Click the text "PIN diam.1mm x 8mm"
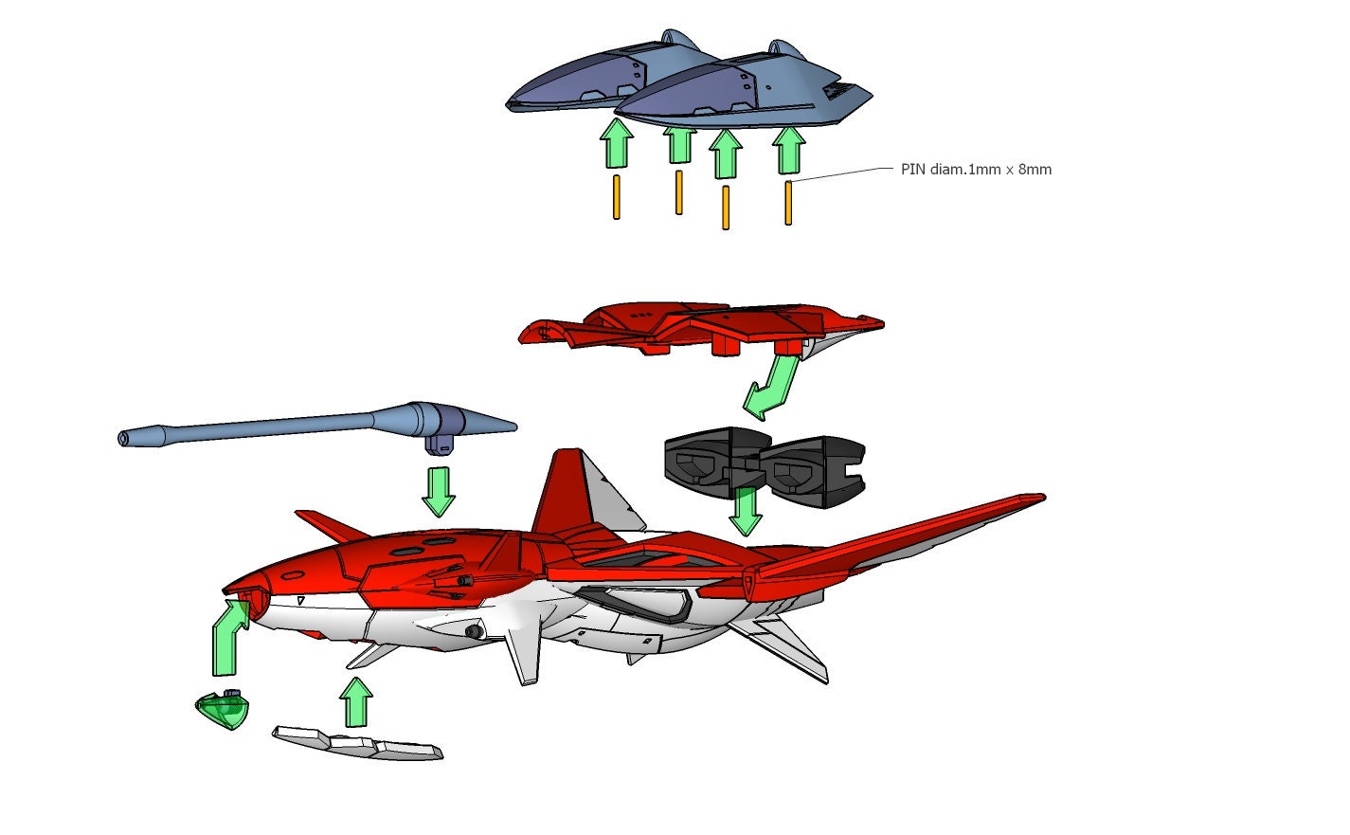point(976,170)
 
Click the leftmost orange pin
point(617,197)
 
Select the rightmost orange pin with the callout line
point(788,203)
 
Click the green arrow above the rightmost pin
point(788,150)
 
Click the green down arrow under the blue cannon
point(438,489)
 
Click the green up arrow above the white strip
point(356,700)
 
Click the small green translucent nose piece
point(224,710)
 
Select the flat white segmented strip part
point(358,743)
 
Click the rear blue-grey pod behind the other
point(587,81)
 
